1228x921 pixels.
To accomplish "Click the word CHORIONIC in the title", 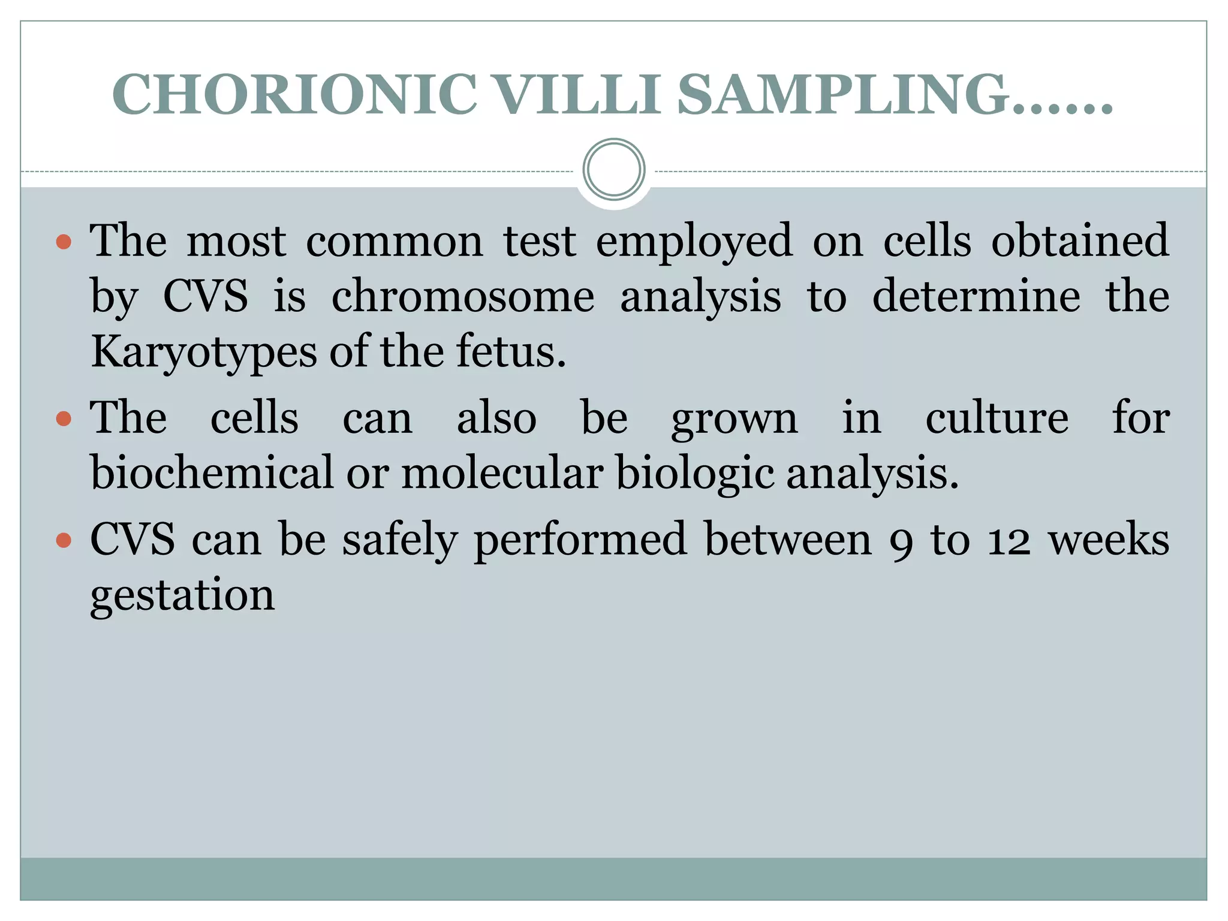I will click(x=294, y=94).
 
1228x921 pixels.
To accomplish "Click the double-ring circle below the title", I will click(x=613, y=170).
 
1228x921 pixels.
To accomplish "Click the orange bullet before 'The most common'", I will click(x=64, y=242).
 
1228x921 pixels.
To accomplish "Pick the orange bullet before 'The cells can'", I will click(x=64, y=419).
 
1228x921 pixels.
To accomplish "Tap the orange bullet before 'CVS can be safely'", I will click(x=64, y=541).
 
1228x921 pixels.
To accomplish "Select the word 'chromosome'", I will click(x=463, y=296).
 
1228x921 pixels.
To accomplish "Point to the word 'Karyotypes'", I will click(x=204, y=353).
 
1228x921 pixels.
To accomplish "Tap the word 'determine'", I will click(x=976, y=296).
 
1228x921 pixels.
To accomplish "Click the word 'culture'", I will click(x=997, y=418).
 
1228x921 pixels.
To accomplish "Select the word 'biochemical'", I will click(x=212, y=472).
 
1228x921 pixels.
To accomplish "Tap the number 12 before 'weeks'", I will click(x=1009, y=541).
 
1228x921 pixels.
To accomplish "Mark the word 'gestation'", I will click(x=182, y=596).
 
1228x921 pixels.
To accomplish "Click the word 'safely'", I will click(x=400, y=541).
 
